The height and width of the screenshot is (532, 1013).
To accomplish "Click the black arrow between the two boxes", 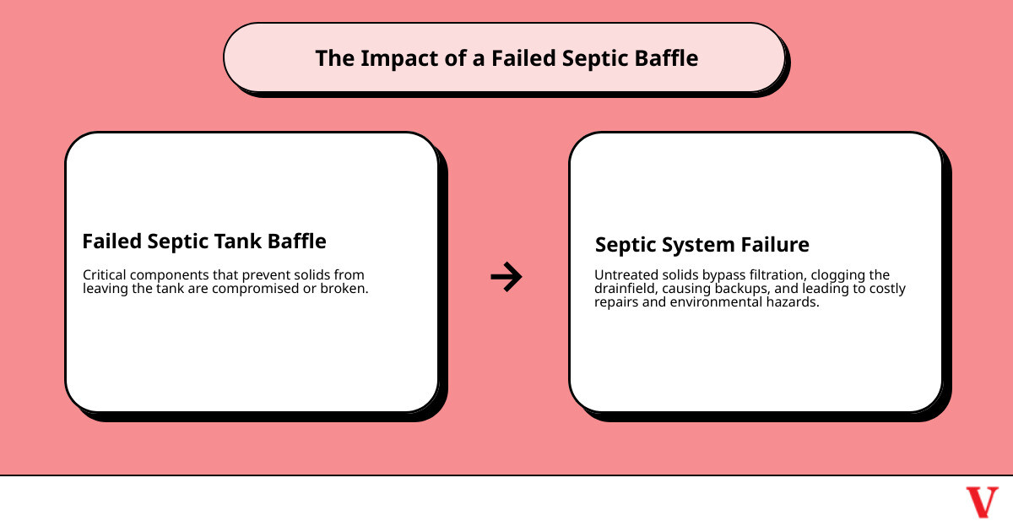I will tap(506, 276).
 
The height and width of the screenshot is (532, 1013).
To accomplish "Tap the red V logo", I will tap(982, 502).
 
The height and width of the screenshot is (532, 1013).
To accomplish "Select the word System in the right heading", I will tap(694, 245).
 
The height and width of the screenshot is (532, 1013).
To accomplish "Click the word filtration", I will tap(776, 275).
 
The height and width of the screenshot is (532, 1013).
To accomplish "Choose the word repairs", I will tap(617, 302).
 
